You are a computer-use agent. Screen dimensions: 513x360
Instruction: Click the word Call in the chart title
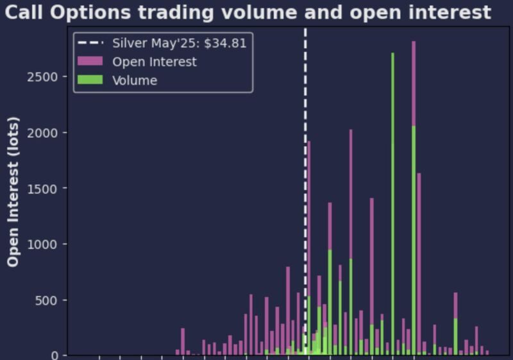pyautogui.click(x=24, y=12)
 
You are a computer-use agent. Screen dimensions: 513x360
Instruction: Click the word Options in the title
pyautogui.click(x=90, y=13)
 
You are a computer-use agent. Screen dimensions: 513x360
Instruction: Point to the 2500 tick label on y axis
pyautogui.click(x=42, y=77)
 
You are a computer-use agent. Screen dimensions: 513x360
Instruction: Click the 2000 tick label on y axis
pyautogui.click(x=42, y=133)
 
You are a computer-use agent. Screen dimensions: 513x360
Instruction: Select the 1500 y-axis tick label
pyautogui.click(x=42, y=189)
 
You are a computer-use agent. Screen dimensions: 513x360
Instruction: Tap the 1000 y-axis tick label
pyautogui.click(x=42, y=244)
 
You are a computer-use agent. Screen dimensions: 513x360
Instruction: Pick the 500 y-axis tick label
pyautogui.click(x=46, y=301)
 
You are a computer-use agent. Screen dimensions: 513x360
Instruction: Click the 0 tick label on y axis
pyautogui.click(x=55, y=356)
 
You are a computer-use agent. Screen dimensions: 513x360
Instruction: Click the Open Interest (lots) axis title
pyautogui.click(x=13, y=192)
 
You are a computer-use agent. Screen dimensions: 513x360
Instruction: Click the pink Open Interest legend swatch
pyautogui.click(x=90, y=61)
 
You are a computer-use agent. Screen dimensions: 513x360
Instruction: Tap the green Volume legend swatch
pyautogui.click(x=90, y=80)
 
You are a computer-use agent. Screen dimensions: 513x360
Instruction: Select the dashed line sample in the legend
pyautogui.click(x=90, y=42)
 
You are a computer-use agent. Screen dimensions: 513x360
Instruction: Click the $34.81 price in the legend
pyautogui.click(x=225, y=43)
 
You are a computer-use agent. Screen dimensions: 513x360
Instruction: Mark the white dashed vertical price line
pyautogui.click(x=305, y=191)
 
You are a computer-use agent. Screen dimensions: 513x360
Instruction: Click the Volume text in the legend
pyautogui.click(x=135, y=80)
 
